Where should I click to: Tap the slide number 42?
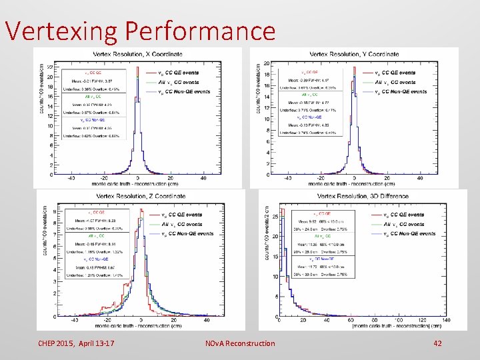coord(437,343)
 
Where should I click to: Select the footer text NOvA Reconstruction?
coord(240,343)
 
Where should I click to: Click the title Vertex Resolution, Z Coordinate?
coord(141,196)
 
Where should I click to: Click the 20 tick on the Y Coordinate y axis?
coord(267,63)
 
